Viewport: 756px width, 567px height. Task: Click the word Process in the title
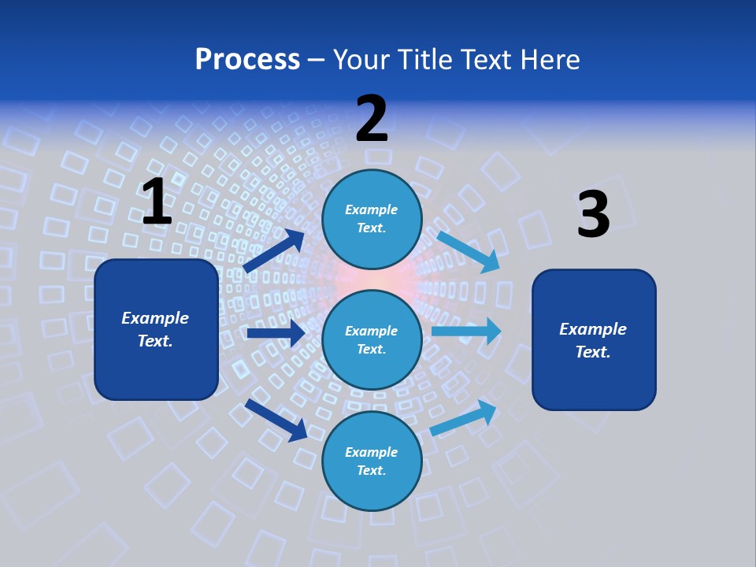pos(247,60)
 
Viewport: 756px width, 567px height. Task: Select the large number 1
pos(157,202)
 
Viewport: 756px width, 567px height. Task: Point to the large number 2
pos(372,119)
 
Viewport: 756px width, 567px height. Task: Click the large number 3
pos(593,215)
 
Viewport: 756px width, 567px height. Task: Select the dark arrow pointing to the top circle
pos(274,251)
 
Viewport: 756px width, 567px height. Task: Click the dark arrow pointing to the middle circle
pos(276,333)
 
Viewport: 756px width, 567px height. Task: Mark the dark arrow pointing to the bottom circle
pos(276,420)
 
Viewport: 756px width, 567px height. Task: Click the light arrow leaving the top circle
pos(469,251)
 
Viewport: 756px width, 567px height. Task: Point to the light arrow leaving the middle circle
pos(466,331)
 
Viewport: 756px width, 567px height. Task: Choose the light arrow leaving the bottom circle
pos(464,417)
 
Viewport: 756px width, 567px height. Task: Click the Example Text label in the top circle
pos(372,219)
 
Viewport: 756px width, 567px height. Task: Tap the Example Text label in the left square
pos(155,329)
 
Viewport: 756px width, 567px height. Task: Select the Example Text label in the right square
pos(593,340)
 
